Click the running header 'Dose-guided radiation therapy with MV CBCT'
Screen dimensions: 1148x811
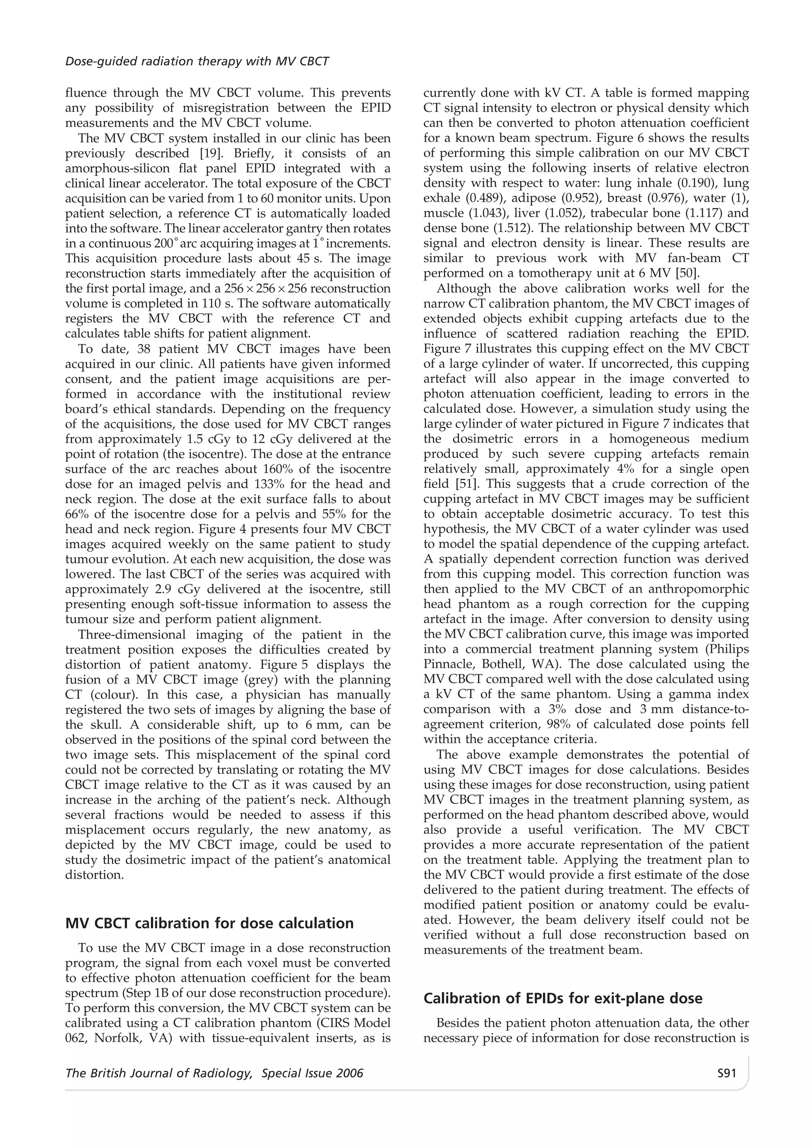coord(197,61)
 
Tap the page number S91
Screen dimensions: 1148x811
coord(726,1074)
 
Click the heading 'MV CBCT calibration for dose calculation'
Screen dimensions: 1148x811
coord(209,923)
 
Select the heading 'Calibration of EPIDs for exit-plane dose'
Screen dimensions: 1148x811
coord(563,999)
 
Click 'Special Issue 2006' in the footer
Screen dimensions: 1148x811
coord(312,1074)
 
